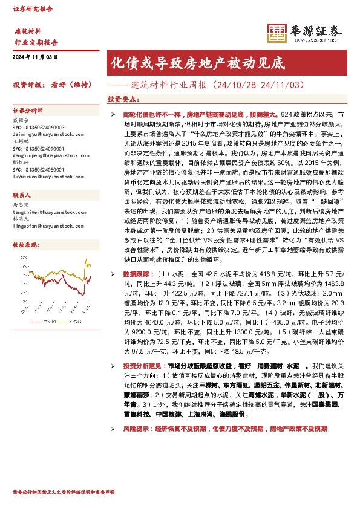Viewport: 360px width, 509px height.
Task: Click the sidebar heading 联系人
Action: pyautogui.click(x=22, y=196)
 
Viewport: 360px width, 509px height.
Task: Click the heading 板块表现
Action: pyautogui.click(x=25, y=245)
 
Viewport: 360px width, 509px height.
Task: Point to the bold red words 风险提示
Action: pyautogui.click(x=136, y=429)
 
